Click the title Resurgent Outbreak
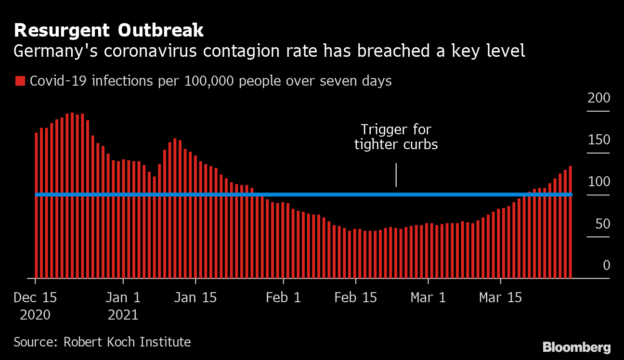coord(109,31)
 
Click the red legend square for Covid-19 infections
coord(20,81)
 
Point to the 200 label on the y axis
coord(598,98)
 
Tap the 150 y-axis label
coord(598,140)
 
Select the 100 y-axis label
coord(598,182)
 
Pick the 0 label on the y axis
coord(606,265)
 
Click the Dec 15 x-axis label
coord(35,298)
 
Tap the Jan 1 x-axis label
coord(123,298)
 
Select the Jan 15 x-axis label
coord(195,298)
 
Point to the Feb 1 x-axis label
coord(283,298)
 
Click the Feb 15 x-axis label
coord(355,298)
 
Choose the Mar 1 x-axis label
coord(428,298)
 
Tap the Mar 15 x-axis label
coord(500,298)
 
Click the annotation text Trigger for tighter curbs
coord(396,137)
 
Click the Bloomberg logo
coord(576,347)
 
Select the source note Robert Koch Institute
coord(102,342)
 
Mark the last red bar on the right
coord(571,221)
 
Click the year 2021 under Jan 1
coord(123,315)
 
